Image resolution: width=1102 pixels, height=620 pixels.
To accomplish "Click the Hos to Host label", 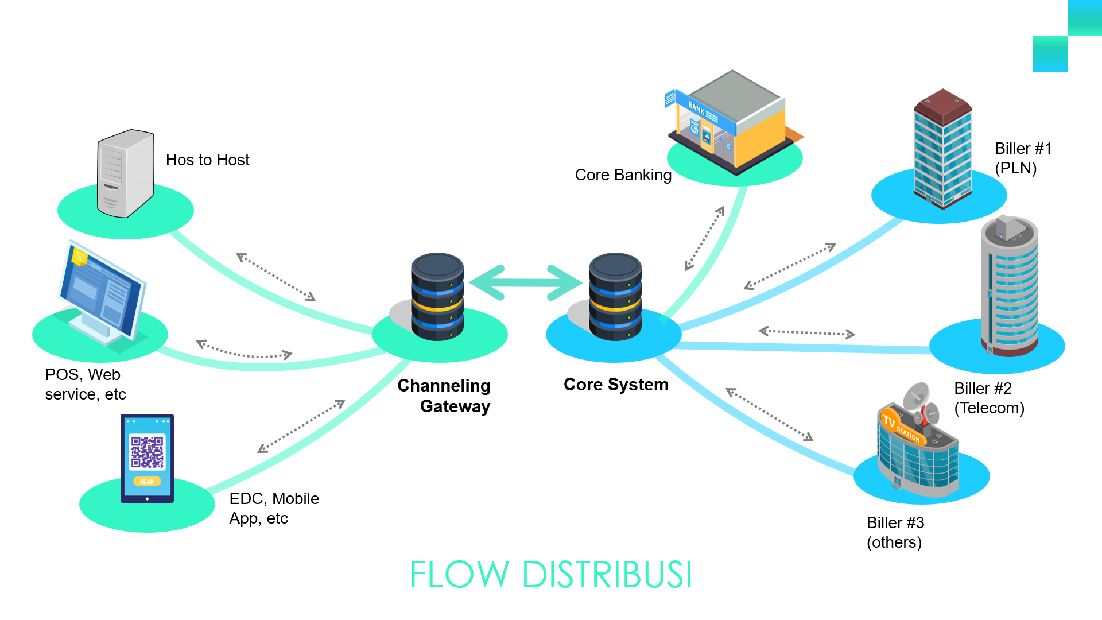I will (x=207, y=160).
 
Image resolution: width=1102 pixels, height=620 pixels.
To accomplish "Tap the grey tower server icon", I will (x=126, y=173).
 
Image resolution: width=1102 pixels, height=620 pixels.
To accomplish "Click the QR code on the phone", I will (x=147, y=452).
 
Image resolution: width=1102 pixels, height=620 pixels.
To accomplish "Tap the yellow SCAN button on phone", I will (x=147, y=481).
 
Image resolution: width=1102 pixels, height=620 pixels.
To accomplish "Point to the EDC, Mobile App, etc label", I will (x=274, y=508).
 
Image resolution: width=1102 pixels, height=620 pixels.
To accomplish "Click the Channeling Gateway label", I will (x=444, y=396).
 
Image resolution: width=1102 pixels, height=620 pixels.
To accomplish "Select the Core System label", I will (x=616, y=385).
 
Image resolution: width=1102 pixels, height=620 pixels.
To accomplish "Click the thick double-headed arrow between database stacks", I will (x=526, y=282).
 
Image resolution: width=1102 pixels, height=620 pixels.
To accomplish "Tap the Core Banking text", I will (x=623, y=175).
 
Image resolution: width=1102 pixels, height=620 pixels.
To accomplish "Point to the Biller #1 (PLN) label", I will (x=1023, y=158).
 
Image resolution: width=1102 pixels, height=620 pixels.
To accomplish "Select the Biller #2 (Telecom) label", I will (x=989, y=398).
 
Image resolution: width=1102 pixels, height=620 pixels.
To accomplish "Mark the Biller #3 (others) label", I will (x=895, y=532).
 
